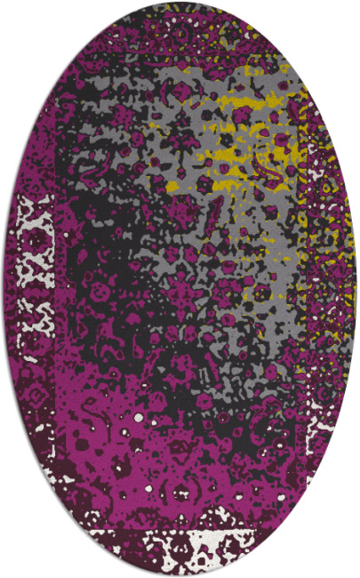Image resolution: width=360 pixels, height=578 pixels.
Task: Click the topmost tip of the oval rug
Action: (180, 3)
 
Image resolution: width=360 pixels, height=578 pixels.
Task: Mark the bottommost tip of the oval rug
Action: (180, 575)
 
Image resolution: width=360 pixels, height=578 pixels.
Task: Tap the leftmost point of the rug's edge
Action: (3, 289)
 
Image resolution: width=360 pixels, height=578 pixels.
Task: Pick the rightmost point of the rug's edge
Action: (357, 289)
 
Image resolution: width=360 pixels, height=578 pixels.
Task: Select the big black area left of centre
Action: (98, 293)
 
